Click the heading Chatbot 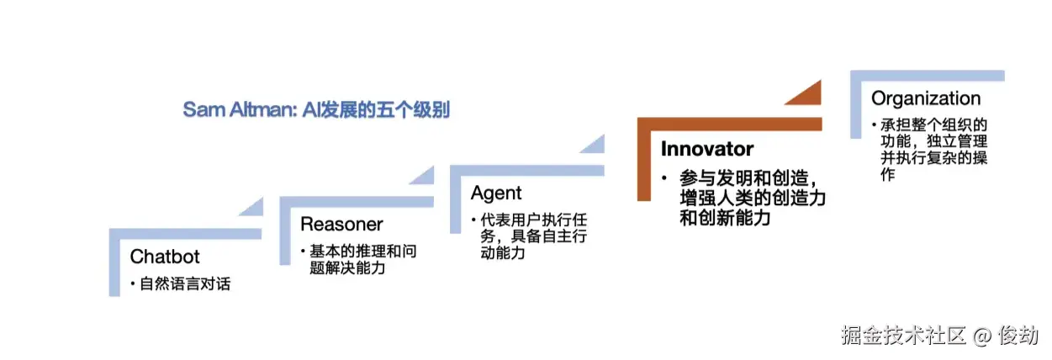pyautogui.click(x=165, y=256)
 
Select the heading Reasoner pyautogui.click(x=341, y=225)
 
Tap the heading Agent pyautogui.click(x=496, y=193)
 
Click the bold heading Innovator pyautogui.click(x=706, y=150)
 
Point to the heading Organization pyautogui.click(x=926, y=99)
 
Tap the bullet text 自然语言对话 pyautogui.click(x=185, y=284)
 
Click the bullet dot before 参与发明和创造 pyautogui.click(x=664, y=180)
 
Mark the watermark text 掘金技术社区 pyautogui.click(x=904, y=336)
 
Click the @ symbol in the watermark pyautogui.click(x=981, y=336)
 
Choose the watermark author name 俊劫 pyautogui.click(x=1018, y=336)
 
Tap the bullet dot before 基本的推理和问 pyautogui.click(x=304, y=252)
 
